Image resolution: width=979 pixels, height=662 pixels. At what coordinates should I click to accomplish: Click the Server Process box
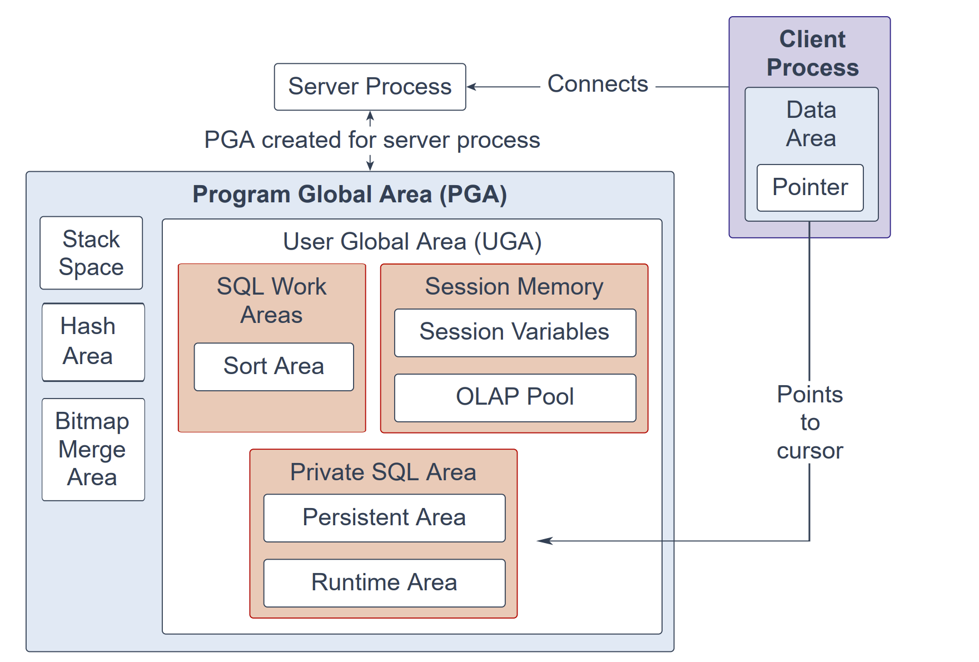[370, 87]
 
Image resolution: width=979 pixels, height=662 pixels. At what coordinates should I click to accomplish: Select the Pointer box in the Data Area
[810, 188]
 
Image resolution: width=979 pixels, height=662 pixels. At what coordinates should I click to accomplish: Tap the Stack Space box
[91, 253]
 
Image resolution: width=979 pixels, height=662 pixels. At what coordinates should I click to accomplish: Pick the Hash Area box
[93, 342]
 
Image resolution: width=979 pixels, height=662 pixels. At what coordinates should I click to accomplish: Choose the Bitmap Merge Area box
[93, 449]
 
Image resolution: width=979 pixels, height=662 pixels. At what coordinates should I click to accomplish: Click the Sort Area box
[274, 367]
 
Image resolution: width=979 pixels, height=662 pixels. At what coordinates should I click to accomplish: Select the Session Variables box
[515, 332]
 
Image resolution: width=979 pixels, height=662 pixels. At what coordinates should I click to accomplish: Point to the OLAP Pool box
[515, 397]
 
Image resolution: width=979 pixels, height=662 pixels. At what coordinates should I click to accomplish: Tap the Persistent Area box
[384, 518]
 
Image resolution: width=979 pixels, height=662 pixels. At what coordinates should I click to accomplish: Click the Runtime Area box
[384, 583]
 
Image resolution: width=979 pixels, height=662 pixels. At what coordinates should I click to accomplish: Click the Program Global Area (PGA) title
[350, 195]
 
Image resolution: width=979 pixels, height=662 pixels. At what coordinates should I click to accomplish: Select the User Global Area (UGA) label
[412, 242]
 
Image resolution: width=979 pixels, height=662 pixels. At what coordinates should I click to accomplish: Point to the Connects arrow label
[598, 84]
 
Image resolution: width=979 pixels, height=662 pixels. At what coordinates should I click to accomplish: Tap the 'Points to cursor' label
[810, 422]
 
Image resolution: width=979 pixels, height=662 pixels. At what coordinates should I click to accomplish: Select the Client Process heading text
[812, 53]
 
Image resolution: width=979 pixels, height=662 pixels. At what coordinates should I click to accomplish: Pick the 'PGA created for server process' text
[372, 140]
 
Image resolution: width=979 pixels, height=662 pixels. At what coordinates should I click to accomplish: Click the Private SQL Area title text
[383, 472]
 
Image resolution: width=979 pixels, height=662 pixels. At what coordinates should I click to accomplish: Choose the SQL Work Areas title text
[271, 301]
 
